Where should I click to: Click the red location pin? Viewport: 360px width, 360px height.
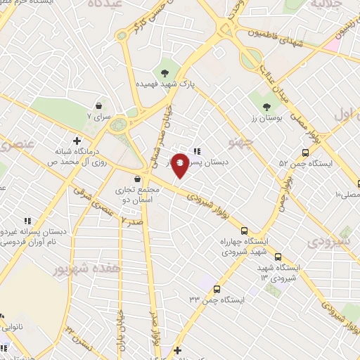pos(180,165)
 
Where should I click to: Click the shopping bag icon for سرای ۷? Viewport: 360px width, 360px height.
pos(112,116)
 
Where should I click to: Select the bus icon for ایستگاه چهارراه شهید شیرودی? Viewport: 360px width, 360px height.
pos(244,230)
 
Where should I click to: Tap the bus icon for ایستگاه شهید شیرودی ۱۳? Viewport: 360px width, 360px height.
pos(278,257)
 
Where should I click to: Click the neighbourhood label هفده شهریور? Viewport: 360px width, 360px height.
pos(82,268)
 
